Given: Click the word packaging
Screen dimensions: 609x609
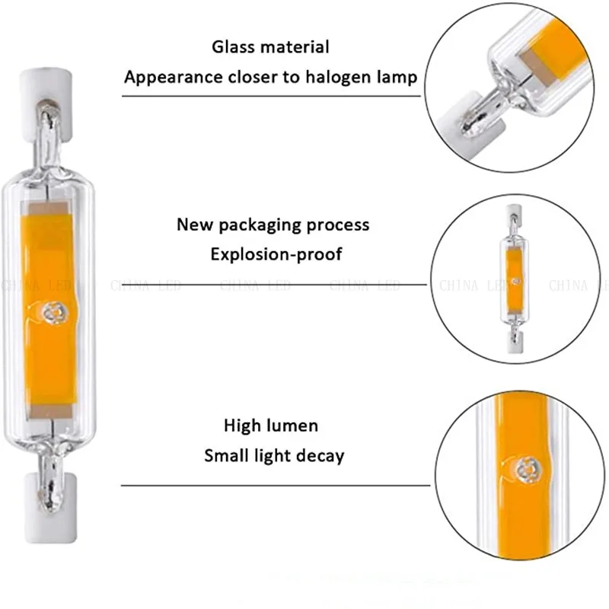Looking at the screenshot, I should pos(257,225).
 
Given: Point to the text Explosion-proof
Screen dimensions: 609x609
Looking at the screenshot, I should pos(276,253).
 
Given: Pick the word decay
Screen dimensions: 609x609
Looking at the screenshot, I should pos(320,456).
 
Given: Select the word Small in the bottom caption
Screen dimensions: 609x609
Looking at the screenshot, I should pos(227,456).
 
